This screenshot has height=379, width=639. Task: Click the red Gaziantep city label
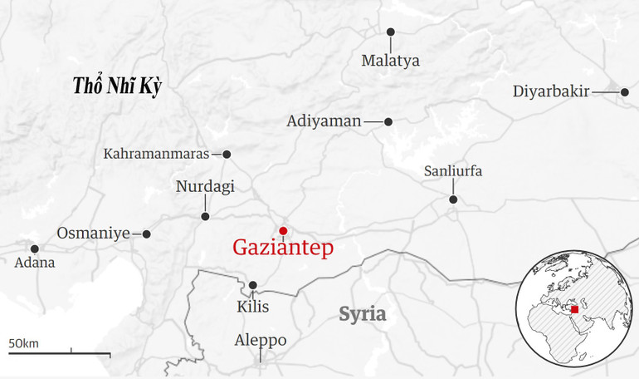click(283, 248)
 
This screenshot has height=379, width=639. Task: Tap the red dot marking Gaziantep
click(283, 231)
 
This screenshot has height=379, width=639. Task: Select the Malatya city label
click(391, 61)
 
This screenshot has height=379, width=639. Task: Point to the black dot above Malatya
click(391, 32)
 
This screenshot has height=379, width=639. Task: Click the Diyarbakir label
click(551, 91)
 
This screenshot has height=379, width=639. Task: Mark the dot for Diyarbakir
click(625, 92)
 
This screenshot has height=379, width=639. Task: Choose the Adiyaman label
click(324, 121)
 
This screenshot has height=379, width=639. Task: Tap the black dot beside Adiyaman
click(388, 121)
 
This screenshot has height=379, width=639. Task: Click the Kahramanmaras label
click(157, 154)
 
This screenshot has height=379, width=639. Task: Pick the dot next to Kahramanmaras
click(227, 154)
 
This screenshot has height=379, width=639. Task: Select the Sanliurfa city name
click(453, 171)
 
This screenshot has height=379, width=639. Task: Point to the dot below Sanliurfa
click(453, 199)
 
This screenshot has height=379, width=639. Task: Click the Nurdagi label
click(205, 187)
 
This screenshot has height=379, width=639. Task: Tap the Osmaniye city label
click(94, 234)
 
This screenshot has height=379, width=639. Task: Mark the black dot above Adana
click(35, 249)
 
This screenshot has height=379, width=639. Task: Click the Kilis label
click(253, 308)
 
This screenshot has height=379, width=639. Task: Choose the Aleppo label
click(261, 341)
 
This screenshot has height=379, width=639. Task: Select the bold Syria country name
click(363, 314)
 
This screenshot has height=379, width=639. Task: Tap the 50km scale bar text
click(24, 343)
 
